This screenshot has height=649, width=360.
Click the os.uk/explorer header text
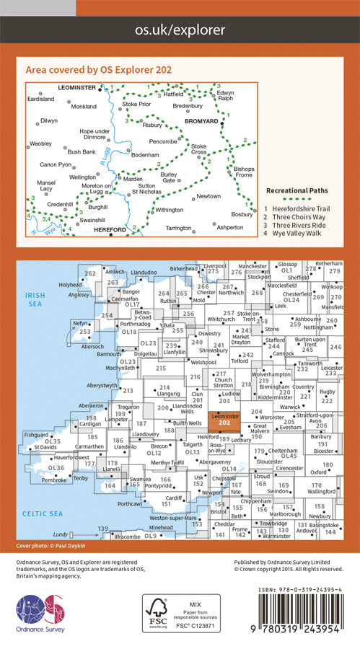(180, 30)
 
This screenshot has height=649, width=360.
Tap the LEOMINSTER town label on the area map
(76, 87)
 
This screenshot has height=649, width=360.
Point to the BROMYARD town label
(201, 123)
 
